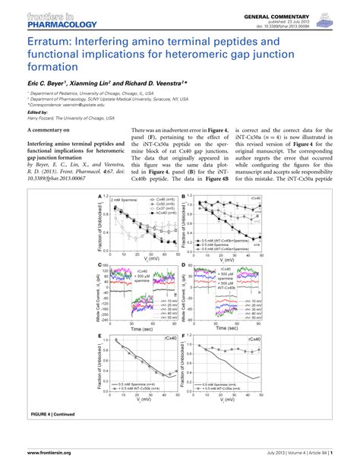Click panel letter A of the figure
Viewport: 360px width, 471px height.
(x=99, y=196)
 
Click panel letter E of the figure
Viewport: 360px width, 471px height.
(x=99, y=336)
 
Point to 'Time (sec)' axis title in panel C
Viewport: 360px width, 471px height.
(x=140, y=330)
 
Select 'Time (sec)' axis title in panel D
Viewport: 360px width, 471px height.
(x=226, y=330)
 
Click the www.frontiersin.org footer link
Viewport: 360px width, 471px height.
(x=49, y=453)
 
